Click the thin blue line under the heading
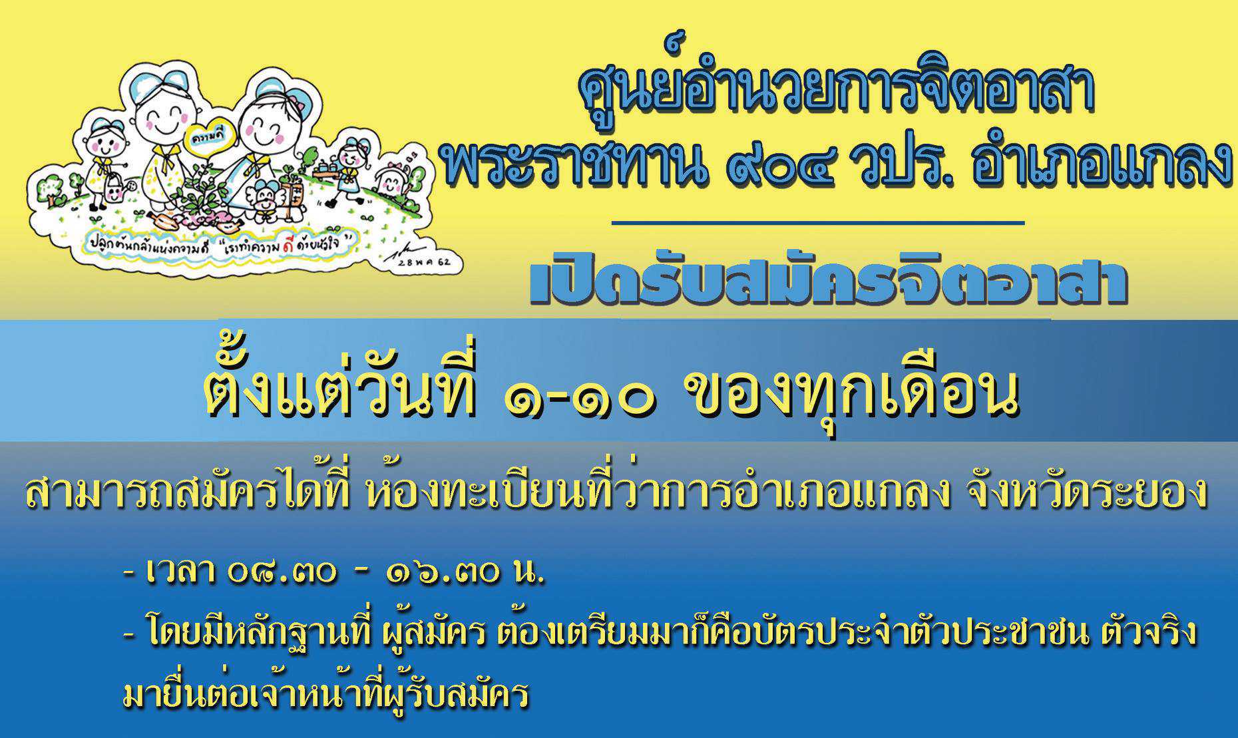point(817,223)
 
